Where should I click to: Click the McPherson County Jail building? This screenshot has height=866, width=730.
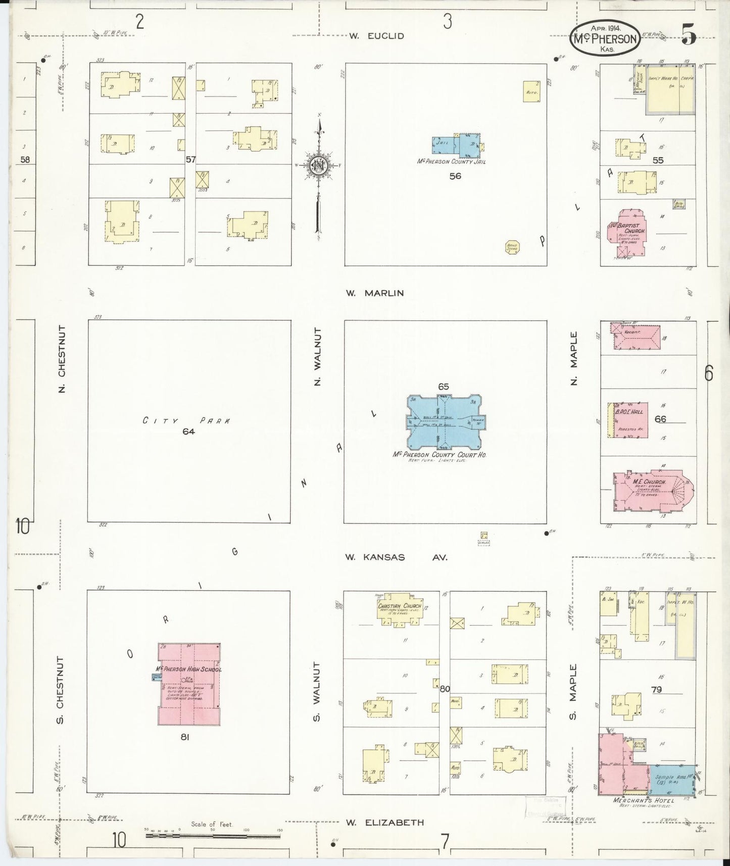tap(456, 145)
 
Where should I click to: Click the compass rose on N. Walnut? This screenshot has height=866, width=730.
tap(319, 165)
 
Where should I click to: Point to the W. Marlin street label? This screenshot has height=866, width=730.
tap(375, 293)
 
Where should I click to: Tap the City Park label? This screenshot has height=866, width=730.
tap(186, 420)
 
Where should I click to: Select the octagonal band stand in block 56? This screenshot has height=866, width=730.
tap(512, 247)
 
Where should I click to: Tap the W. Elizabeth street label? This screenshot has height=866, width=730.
tap(385, 823)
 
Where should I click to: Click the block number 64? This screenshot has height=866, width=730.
tap(189, 431)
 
